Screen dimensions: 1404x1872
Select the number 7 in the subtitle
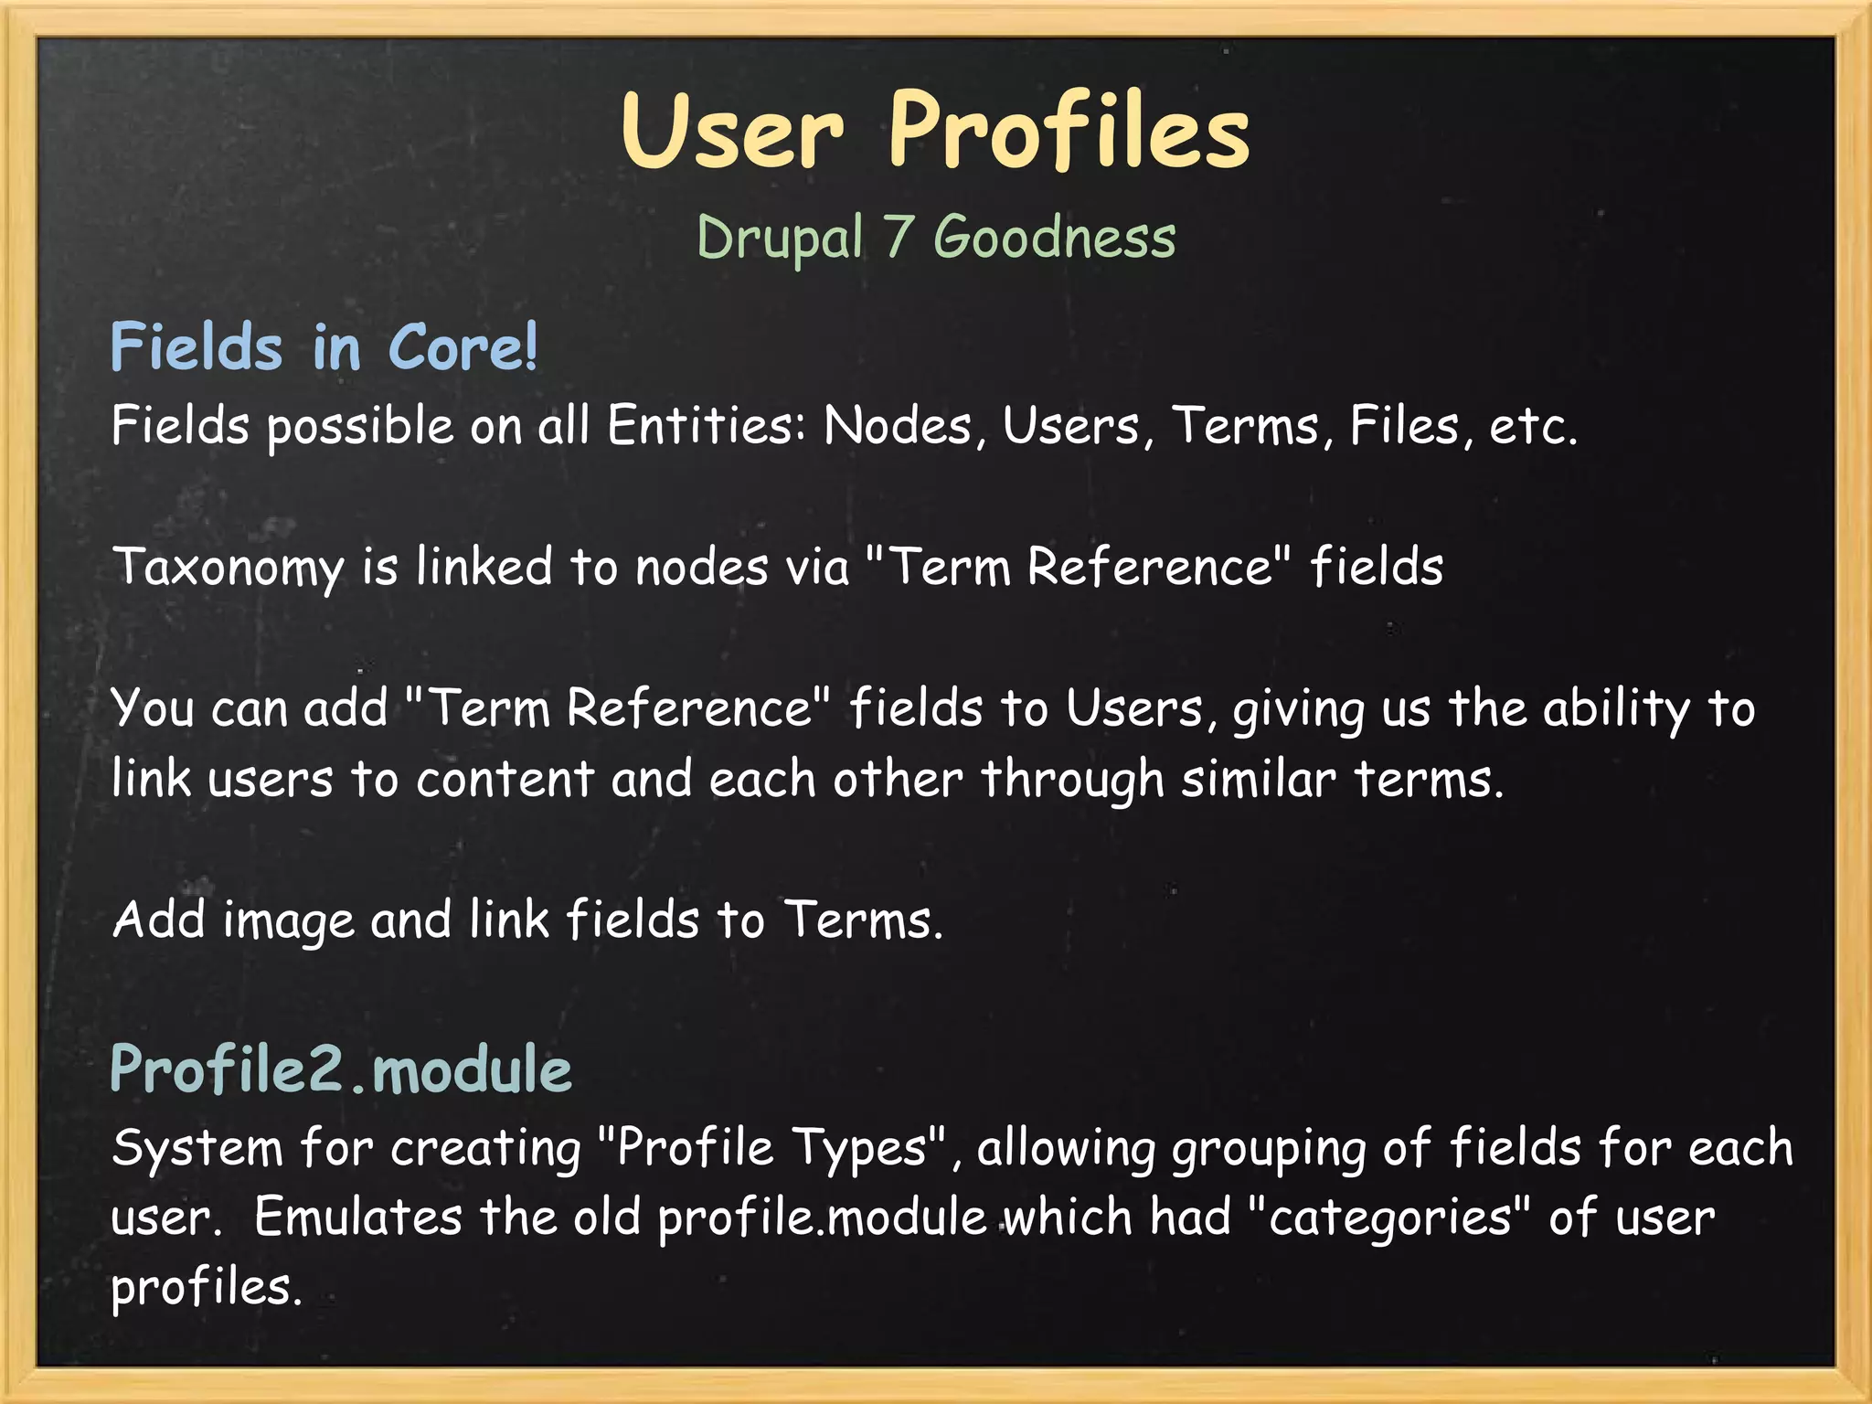(898, 238)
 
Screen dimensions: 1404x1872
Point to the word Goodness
(1054, 238)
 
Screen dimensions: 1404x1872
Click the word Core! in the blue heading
(463, 347)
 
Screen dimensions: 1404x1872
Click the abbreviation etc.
(1533, 426)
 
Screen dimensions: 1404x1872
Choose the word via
(817, 567)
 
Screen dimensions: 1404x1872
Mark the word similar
(1259, 780)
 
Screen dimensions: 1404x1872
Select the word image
(288, 921)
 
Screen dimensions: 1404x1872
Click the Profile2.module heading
(341, 1069)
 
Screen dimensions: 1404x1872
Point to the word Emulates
(358, 1218)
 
